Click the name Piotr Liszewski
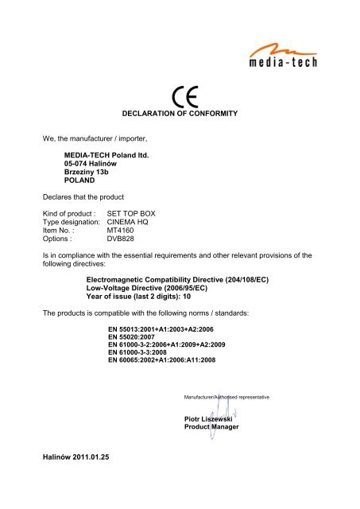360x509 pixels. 211,418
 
